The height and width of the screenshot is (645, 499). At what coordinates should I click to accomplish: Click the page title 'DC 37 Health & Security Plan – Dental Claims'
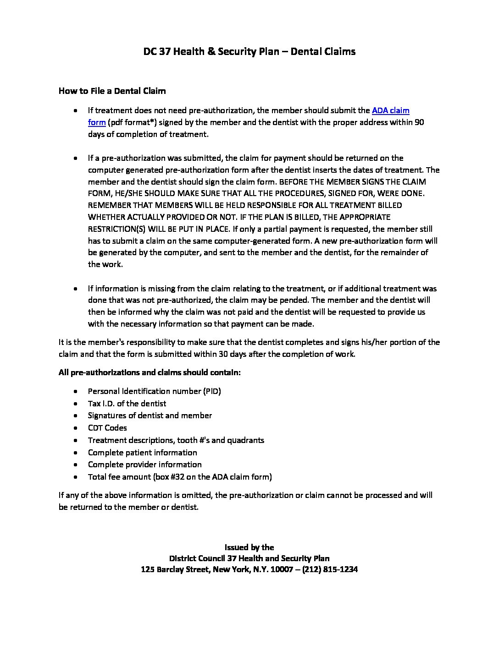coord(249,51)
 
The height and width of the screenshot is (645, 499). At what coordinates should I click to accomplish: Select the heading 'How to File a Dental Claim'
coord(112,91)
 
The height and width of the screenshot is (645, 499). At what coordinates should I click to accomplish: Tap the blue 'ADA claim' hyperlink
coord(390,110)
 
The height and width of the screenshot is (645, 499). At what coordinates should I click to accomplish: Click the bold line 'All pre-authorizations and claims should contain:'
coord(150,372)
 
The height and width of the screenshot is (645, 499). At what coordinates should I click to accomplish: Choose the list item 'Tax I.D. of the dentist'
coord(127,404)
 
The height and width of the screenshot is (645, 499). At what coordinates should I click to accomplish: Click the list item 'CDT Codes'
coord(107,428)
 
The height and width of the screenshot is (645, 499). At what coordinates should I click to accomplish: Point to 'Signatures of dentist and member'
coord(150,415)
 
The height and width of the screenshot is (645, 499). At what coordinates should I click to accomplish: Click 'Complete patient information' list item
coord(142,453)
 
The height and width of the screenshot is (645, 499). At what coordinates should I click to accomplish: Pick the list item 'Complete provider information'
coord(144,465)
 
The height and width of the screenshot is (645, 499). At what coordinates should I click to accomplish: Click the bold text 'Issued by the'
coord(249,547)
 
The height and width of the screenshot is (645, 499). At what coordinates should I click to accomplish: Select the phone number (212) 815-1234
coord(330,570)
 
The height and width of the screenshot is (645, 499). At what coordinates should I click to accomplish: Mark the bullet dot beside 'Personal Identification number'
coord(75,392)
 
